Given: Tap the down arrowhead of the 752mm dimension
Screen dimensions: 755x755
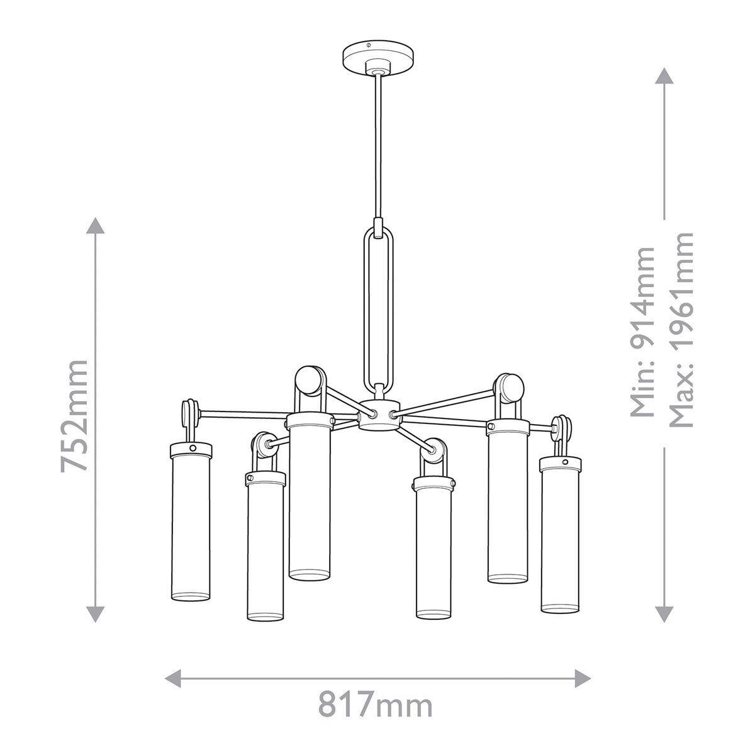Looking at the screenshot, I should coord(95,613).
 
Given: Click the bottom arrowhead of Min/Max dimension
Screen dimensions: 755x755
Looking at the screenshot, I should coord(664,613).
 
